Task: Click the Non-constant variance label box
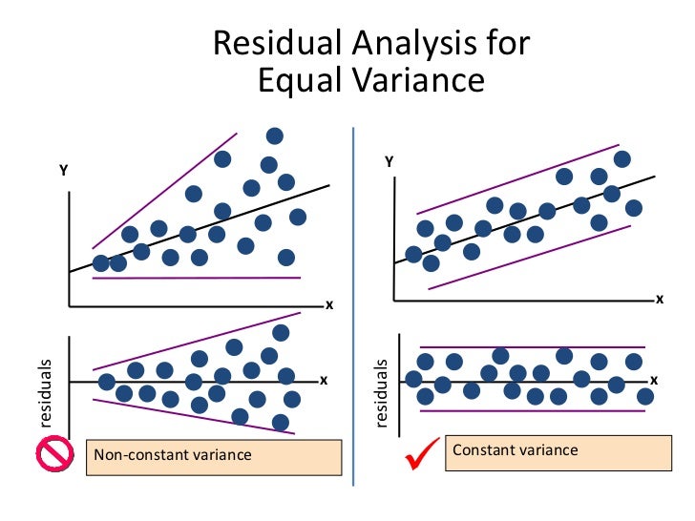pos(213,455)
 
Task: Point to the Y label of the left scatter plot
pos(64,171)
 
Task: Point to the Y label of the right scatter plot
pos(389,163)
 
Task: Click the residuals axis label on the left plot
pos(45,392)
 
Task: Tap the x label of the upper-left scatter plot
pos(328,305)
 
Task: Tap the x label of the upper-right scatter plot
pos(659,299)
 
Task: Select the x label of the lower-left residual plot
pos(323,381)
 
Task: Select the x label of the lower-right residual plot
pos(654,380)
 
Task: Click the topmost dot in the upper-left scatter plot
pos(275,136)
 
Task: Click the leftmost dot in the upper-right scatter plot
pos(413,254)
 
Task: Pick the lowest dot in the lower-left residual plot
pos(280,422)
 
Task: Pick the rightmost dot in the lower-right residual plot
pos(645,396)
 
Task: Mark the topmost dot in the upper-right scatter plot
pos(622,159)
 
